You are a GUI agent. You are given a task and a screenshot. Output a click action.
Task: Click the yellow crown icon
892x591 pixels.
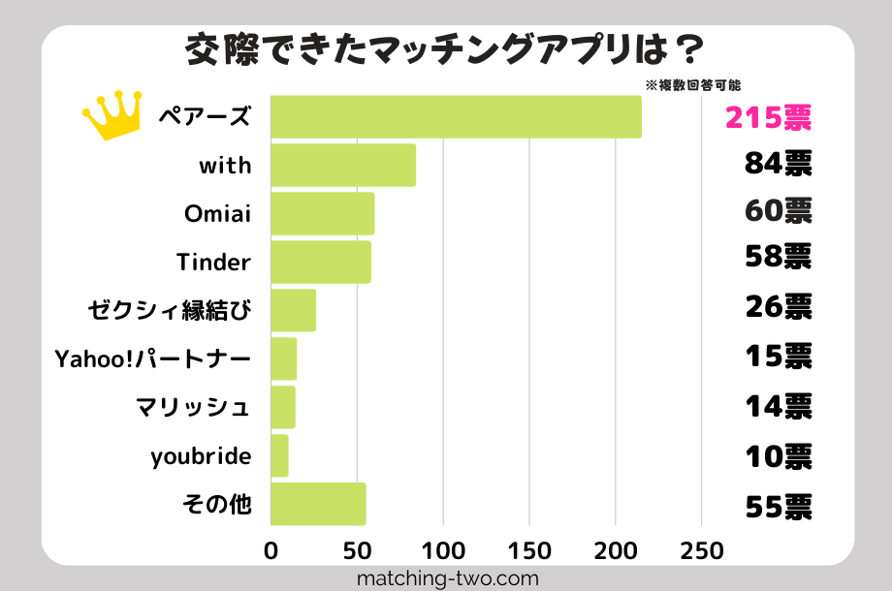[111, 115]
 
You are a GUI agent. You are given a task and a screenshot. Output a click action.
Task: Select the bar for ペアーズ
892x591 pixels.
[456, 116]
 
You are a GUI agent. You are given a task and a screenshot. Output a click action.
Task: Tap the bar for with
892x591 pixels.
[343, 165]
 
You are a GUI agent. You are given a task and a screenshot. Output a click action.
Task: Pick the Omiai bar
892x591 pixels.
[323, 213]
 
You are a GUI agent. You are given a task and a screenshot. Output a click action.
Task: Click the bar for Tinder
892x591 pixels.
[321, 262]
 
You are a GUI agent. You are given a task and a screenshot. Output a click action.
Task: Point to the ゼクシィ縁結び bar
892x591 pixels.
[293, 310]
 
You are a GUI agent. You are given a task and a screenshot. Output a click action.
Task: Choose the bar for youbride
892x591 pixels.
[279, 455]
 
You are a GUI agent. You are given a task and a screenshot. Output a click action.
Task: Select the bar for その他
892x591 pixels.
[318, 504]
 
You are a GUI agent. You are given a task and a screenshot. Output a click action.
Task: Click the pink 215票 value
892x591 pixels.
[767, 117]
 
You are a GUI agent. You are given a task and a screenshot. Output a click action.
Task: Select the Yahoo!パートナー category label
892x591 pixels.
[153, 359]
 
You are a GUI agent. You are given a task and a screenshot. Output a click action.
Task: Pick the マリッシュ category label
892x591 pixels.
[194, 407]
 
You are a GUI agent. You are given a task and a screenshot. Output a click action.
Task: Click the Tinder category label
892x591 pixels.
[213, 262]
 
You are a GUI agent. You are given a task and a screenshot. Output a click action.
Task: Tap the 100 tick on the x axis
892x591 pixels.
[443, 551]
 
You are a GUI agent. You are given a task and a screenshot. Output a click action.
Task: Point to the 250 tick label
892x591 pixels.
[702, 551]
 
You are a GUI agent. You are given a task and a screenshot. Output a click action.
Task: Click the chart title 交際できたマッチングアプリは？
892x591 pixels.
[445, 51]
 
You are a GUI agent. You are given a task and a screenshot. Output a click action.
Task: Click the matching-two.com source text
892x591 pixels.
[447, 578]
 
